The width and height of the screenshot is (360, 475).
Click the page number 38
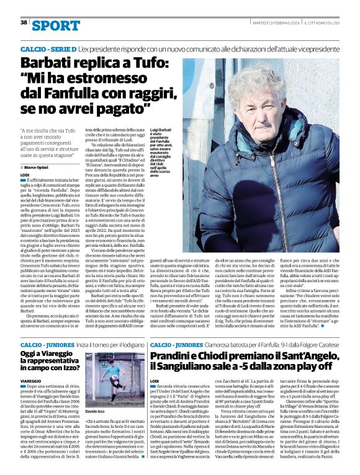[24, 22]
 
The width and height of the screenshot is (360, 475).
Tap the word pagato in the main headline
[122, 109]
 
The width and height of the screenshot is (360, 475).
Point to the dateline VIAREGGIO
[31, 380]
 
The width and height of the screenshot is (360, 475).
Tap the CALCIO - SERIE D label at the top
[48, 48]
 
